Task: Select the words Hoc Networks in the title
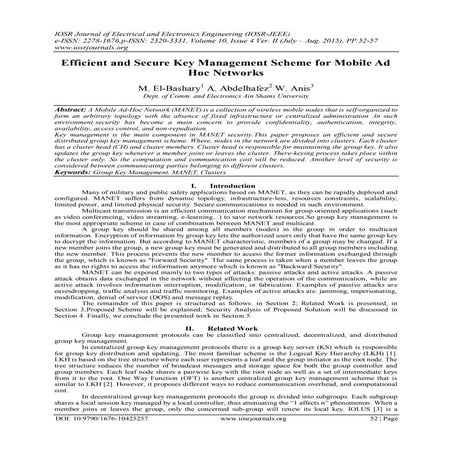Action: point(225,75)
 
